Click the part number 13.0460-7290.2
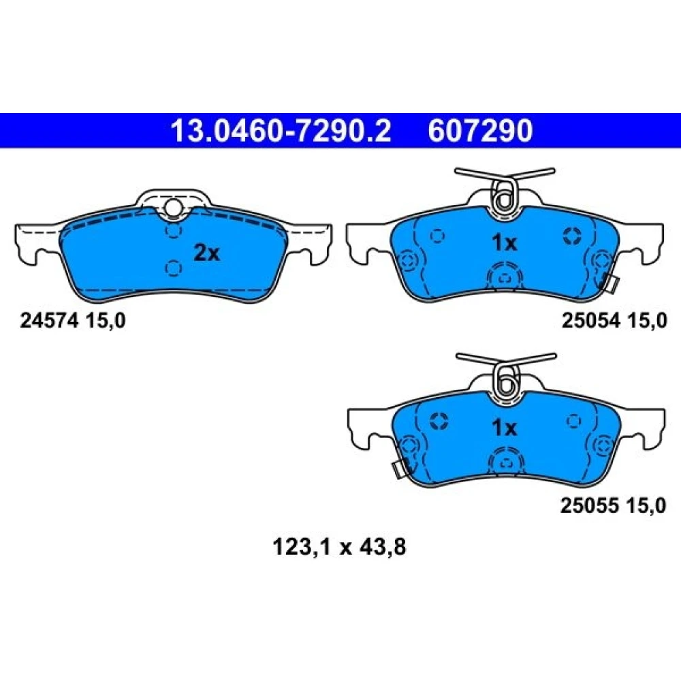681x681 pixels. tap(281, 131)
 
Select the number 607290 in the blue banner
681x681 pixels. tap(480, 131)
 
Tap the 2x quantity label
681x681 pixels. tap(207, 253)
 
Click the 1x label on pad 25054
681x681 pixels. tap(504, 243)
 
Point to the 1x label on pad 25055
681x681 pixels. tap(504, 428)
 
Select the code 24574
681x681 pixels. tap(49, 321)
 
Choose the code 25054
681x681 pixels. tap(590, 321)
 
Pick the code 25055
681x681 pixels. tap(589, 506)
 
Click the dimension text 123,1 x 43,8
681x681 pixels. tap(339, 547)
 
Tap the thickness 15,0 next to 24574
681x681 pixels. tap(105, 321)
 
